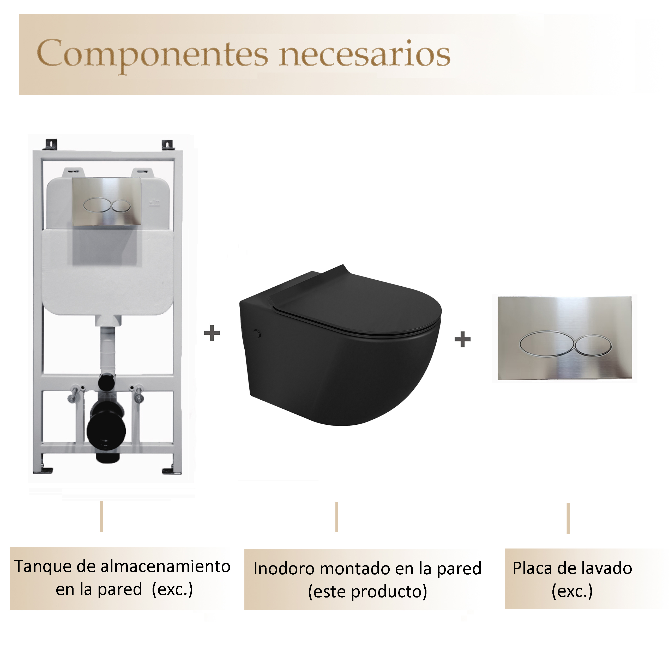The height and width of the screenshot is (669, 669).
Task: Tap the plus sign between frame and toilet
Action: point(212,333)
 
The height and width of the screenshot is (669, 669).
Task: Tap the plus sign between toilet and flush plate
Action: point(463,339)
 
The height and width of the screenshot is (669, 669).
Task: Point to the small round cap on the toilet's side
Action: point(257,334)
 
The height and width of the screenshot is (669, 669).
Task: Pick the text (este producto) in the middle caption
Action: point(367,592)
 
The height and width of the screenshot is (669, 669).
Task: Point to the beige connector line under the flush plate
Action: point(568,518)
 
